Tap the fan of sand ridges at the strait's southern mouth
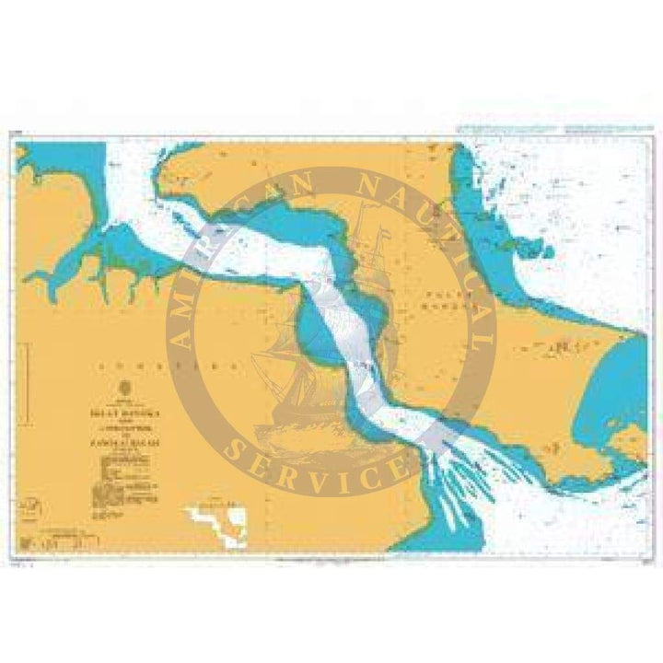pyautogui.click(x=460, y=479)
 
